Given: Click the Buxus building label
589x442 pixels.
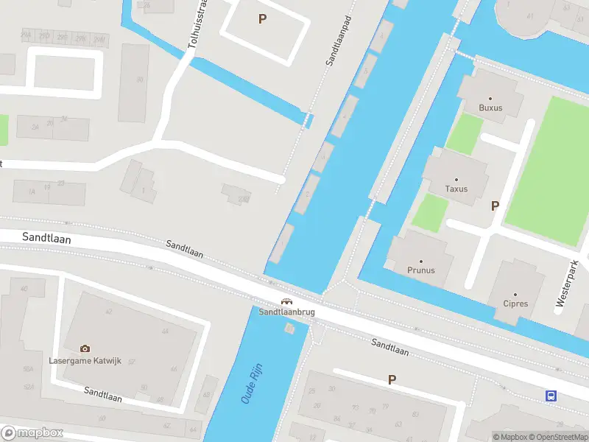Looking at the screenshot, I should click(x=490, y=108).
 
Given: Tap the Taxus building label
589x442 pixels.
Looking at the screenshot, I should click(x=456, y=189).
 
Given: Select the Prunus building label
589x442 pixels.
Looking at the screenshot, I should click(x=421, y=270).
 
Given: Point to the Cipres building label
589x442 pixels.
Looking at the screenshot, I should click(x=515, y=303).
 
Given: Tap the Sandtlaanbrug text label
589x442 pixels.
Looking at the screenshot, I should click(x=286, y=312).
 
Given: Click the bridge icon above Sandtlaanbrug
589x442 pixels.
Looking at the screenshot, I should click(x=286, y=301).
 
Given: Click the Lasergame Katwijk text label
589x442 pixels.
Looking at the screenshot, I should click(x=85, y=360).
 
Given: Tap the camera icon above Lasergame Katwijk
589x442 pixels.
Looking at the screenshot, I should click(x=85, y=348).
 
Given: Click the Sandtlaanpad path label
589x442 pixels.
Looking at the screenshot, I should click(x=337, y=42).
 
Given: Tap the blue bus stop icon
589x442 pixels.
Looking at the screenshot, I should click(x=551, y=396).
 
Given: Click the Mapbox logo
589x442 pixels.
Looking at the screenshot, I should click(x=32, y=433).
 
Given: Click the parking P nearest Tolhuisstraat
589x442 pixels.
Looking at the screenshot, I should click(x=262, y=19).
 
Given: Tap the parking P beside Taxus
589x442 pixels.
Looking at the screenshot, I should click(x=495, y=206).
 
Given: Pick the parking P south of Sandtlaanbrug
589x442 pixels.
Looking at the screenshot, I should click(x=392, y=379).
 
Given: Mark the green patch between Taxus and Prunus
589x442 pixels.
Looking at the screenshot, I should click(x=429, y=213).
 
